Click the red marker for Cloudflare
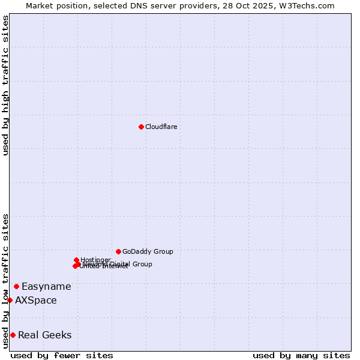pyautogui.click(x=141, y=127)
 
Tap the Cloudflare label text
pyautogui.click(x=161, y=127)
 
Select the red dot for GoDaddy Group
pyautogui.click(x=118, y=251)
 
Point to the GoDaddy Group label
pyautogui.click(x=148, y=251)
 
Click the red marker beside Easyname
pyautogui.click(x=16, y=286)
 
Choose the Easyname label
pyautogui.click(x=46, y=286)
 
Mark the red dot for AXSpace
pyautogui.click(x=10, y=300)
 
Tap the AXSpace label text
pyautogui.click(x=36, y=300)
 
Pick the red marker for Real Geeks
pyautogui.click(x=13, y=335)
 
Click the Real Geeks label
pyautogui.click(x=45, y=335)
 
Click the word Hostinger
pyautogui.click(x=95, y=260)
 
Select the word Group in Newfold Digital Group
pyautogui.click(x=142, y=264)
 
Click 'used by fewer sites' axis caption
pyautogui.click(x=62, y=355)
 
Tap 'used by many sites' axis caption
pyautogui.click(x=301, y=355)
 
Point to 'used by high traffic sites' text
pyautogui.click(x=6, y=85)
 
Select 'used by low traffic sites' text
pyautogui.click(x=6, y=281)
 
